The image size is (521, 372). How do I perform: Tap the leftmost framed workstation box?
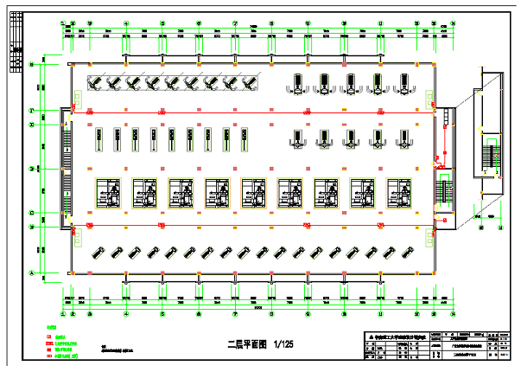click(109, 194)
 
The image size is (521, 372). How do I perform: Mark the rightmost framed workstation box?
click(400, 194)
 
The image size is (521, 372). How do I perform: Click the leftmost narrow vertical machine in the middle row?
click(97, 137)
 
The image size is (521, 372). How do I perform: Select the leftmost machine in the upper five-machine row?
click(296, 83)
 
